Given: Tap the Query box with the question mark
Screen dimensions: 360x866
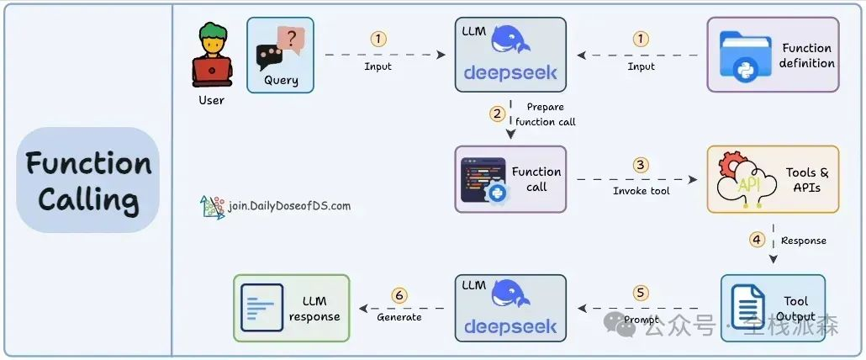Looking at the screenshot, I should [x=280, y=55].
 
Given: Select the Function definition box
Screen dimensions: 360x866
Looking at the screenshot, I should [x=773, y=55].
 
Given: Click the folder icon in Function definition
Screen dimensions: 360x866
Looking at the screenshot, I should [x=745, y=56].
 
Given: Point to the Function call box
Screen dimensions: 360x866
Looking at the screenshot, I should [x=510, y=178].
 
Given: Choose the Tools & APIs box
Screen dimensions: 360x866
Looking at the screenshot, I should [x=773, y=178].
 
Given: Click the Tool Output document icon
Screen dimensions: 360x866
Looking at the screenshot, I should [x=747, y=308].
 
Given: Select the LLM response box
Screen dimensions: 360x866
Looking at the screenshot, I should [x=291, y=308].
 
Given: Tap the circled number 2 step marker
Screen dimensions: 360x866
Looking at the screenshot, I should [x=498, y=113].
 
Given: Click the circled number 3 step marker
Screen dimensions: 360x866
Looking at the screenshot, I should [x=642, y=165].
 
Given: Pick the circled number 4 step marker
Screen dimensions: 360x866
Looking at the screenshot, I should [x=757, y=239].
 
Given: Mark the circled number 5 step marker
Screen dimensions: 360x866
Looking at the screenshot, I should [x=642, y=293].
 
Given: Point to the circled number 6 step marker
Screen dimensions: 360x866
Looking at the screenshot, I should [x=399, y=295].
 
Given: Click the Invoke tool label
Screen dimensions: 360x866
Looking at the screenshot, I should [x=642, y=191].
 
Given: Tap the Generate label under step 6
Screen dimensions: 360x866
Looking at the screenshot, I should [x=399, y=317].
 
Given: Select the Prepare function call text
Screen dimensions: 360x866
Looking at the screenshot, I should [x=546, y=114].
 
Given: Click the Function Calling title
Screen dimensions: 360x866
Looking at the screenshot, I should [x=87, y=180].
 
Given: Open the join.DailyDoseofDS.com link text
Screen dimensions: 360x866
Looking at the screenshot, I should [x=288, y=205].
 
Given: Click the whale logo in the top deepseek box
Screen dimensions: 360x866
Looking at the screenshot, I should [x=510, y=40].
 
